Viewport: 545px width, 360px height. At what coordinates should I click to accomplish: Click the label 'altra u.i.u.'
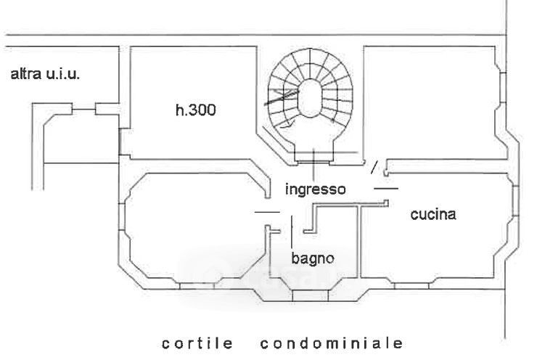click(44, 74)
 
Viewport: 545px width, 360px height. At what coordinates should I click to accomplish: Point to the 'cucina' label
click(433, 215)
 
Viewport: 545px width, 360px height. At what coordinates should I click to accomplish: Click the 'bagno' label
click(312, 257)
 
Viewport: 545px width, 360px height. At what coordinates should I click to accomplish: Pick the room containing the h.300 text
click(189, 138)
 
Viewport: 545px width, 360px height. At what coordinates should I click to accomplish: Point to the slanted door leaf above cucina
click(374, 168)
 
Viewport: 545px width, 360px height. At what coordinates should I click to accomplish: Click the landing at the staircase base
click(314, 155)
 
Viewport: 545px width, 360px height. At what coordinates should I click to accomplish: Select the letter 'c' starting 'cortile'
click(165, 342)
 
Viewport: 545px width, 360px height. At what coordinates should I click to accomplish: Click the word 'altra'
click(25, 74)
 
